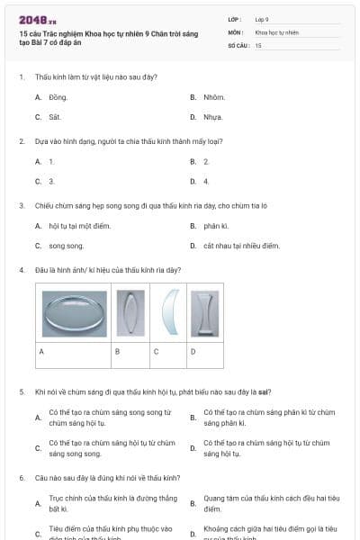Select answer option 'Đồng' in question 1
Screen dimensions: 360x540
58,96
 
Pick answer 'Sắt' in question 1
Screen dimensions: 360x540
55,117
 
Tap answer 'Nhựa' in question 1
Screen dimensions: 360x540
213,117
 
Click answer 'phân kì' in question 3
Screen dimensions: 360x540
215,225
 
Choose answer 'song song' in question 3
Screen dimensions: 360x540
66,246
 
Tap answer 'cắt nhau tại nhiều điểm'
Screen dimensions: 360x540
241,246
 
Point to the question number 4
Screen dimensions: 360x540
22,270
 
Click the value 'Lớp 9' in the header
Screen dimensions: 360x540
262,19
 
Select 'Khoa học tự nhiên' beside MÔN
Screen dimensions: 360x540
276,31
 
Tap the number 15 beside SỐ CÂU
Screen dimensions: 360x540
258,44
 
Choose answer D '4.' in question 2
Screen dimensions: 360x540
206,181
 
